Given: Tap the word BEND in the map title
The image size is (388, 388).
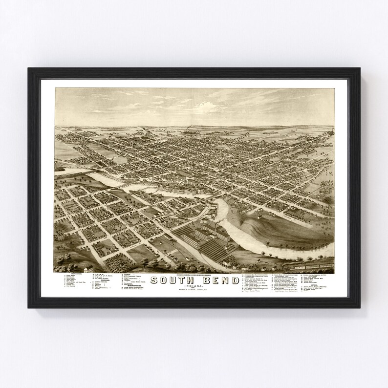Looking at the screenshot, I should (219, 280).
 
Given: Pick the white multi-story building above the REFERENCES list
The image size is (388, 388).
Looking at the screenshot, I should (88, 269).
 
